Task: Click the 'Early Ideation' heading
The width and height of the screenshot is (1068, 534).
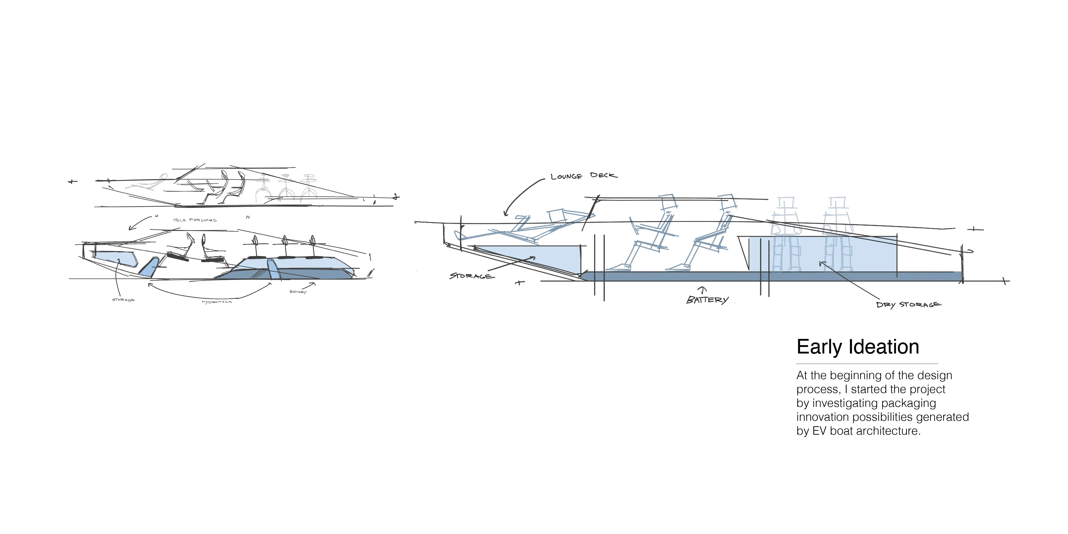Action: point(857,347)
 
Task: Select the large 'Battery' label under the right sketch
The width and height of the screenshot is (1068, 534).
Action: point(707,300)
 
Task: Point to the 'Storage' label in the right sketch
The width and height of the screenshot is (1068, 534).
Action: point(472,276)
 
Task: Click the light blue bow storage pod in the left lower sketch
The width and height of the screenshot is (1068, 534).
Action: point(116,258)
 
